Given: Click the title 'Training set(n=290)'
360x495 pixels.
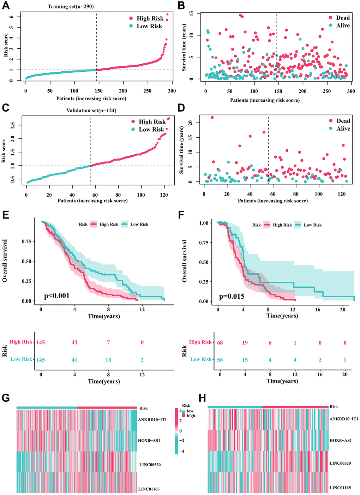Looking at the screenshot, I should [x=71, y=7].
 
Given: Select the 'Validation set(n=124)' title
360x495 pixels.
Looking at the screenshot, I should [x=91, y=111].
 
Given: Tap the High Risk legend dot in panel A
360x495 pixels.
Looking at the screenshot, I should [x=131, y=18].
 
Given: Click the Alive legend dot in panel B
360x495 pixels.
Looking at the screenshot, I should [x=330, y=25].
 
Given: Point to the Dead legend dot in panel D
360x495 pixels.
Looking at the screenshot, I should [x=331, y=121].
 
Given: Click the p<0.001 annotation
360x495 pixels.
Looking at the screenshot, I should [x=57, y=296].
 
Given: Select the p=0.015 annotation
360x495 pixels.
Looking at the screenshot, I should [x=232, y=297].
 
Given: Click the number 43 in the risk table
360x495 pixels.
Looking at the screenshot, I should [x=74, y=342].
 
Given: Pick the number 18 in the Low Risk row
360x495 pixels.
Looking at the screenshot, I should [x=108, y=360].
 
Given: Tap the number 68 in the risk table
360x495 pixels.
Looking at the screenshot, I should [x=220, y=343].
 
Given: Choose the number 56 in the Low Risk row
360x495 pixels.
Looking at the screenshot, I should [x=220, y=360].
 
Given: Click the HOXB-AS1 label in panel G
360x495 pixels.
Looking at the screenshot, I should [x=149, y=441].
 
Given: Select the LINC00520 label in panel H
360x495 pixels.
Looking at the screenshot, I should [x=340, y=463].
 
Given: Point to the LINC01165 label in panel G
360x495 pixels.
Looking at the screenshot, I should [x=149, y=489].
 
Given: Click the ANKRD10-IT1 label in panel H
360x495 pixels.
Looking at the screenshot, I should [x=344, y=419].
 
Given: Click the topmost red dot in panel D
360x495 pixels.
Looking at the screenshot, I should [x=212, y=117].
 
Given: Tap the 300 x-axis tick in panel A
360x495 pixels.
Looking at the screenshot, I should [x=172, y=91].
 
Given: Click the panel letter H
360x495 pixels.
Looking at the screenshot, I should [x=202, y=398].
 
